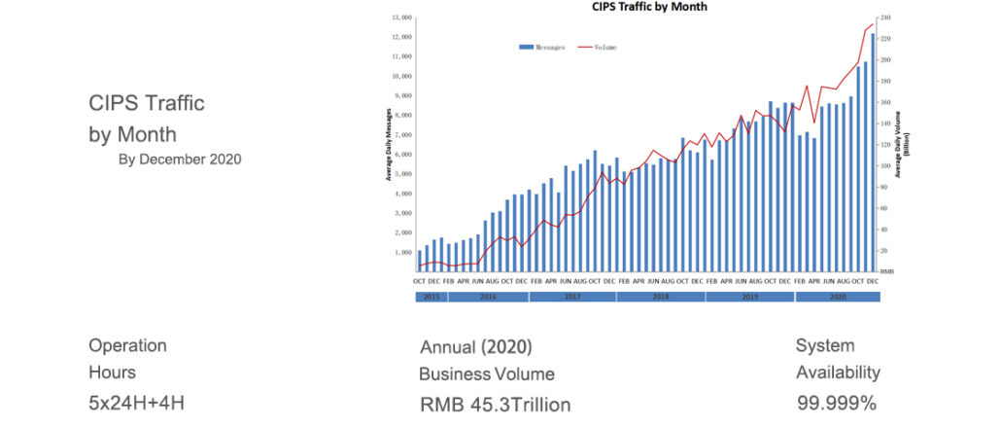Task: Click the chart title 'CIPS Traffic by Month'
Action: pyautogui.click(x=649, y=7)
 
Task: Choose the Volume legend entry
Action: pyautogui.click(x=597, y=47)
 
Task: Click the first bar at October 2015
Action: pyautogui.click(x=419, y=261)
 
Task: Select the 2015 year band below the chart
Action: pyautogui.click(x=431, y=296)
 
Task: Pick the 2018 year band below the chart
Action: pyautogui.click(x=660, y=296)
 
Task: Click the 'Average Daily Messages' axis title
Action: pyautogui.click(x=389, y=143)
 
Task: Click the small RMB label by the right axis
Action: pyautogui.click(x=887, y=271)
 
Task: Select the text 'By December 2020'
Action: pyautogui.click(x=180, y=158)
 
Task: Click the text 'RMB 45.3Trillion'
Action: pyautogui.click(x=495, y=404)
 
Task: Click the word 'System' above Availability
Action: pyautogui.click(x=825, y=345)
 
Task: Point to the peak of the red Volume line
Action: pyautogui.click(x=873, y=24)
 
